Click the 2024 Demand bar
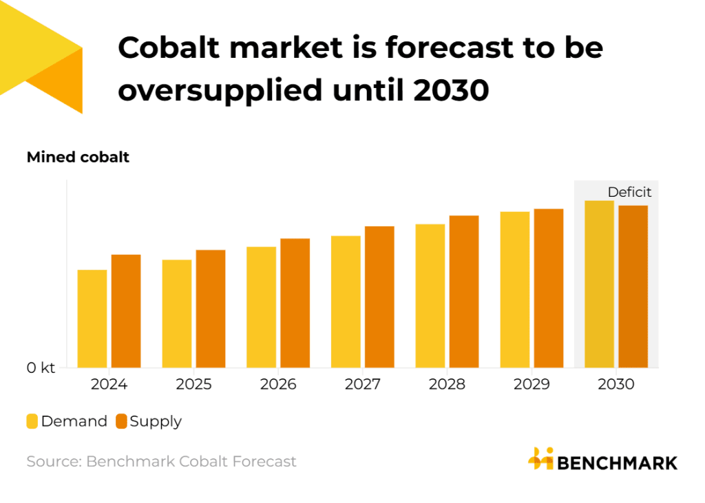[x=92, y=319]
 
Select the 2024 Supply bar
[x=126, y=311]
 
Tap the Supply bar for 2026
[x=295, y=303]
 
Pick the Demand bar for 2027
[x=346, y=301]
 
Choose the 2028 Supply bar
[x=464, y=291]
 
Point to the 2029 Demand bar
[x=515, y=289]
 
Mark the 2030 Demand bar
[x=599, y=283]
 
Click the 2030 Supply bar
[x=633, y=286]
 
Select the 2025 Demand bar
[x=177, y=313]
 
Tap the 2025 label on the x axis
[x=193, y=384]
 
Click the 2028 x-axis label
[x=447, y=384]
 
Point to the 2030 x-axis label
[x=615, y=384]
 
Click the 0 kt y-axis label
[x=41, y=368]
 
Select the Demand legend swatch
[x=32, y=421]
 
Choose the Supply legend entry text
[x=156, y=421]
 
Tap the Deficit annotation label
[x=629, y=193]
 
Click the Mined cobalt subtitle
[x=78, y=158]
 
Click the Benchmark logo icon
[x=540, y=459]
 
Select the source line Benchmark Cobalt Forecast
[x=161, y=461]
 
